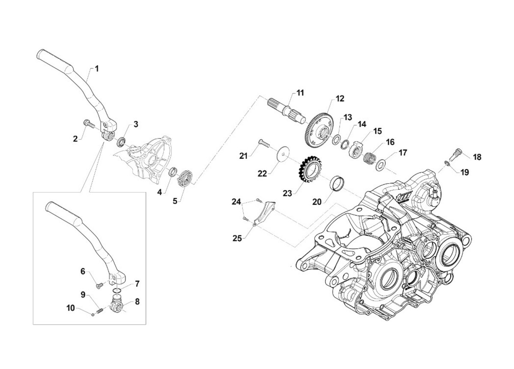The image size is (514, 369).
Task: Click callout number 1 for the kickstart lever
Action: [x=97, y=68]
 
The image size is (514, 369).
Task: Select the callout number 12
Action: [x=340, y=98]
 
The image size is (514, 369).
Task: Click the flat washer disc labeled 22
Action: [x=282, y=153]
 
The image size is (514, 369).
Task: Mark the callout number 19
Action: [x=465, y=173]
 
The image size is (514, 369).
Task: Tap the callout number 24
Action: [x=236, y=201]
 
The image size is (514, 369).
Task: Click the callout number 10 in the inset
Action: [x=70, y=307]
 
